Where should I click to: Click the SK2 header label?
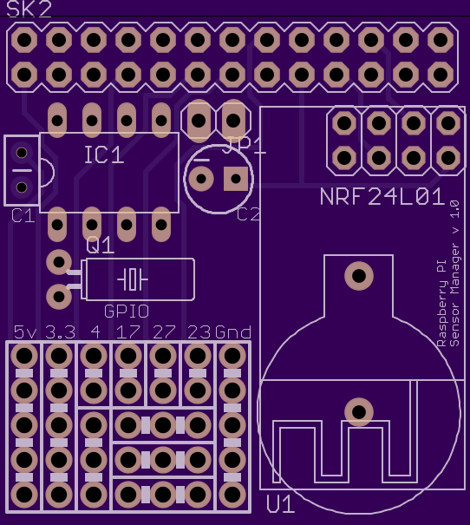[29, 9]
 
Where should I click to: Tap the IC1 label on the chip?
[104, 155]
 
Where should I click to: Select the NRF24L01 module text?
[382, 196]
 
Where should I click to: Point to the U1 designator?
[280, 504]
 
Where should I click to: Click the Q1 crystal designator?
[101, 245]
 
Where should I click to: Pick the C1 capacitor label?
[23, 215]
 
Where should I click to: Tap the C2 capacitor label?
[248, 214]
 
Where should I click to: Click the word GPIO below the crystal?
[127, 312]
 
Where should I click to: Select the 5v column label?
[25, 332]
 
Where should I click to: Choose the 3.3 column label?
[60, 332]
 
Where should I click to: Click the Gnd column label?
[232, 332]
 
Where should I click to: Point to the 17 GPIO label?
[127, 332]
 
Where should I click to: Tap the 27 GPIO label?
[164, 332]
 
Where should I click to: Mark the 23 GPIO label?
[199, 332]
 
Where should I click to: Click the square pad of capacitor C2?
[236, 179]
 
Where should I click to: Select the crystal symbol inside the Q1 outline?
[133, 279]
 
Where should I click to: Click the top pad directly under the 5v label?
[24, 355]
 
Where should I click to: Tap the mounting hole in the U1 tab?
[359, 276]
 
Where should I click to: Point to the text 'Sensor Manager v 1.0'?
[454, 273]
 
